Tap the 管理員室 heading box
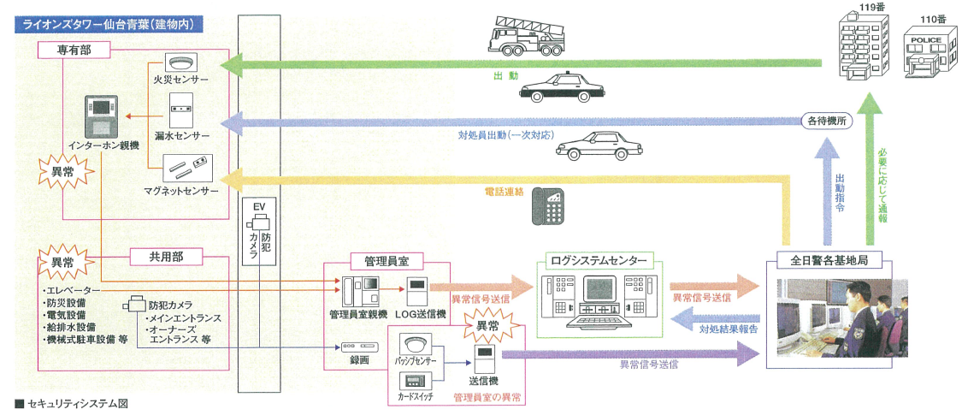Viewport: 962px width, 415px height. tap(387, 262)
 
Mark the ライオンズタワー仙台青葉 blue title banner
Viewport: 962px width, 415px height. tap(109, 25)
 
